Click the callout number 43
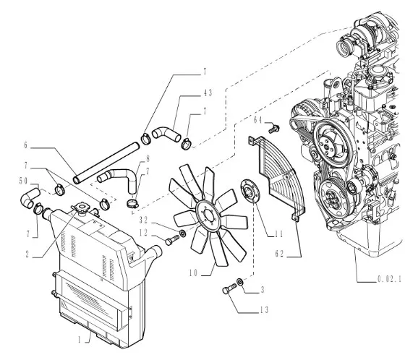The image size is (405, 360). pos(208,93)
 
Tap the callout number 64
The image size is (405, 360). pos(257,120)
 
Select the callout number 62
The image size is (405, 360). pos(279,254)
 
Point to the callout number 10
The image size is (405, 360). pos(193,273)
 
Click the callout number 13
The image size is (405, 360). pos(264,309)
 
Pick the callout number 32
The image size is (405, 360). pos(143,220)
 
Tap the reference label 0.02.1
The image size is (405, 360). pos(390,279)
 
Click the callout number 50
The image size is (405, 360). pos(23,181)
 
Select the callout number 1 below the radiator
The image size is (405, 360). pos(80,340)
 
